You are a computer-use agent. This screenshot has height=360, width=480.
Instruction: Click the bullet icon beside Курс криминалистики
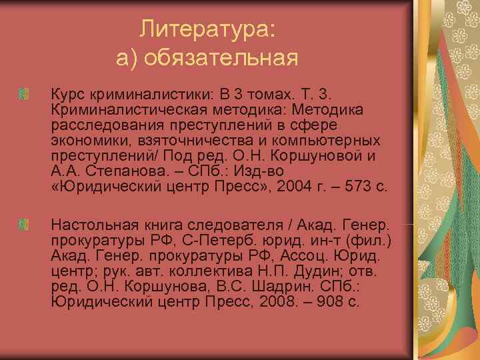click(24, 95)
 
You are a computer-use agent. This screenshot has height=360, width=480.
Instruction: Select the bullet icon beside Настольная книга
click(24, 221)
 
